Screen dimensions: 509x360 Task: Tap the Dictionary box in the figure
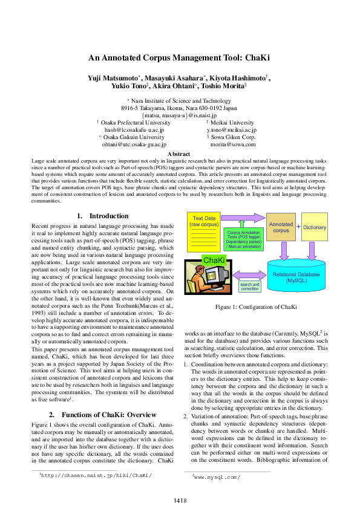(315, 227)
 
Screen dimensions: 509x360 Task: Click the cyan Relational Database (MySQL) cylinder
(297, 277)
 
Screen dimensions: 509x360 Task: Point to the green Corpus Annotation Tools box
(243, 239)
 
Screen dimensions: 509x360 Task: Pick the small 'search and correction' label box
(249, 287)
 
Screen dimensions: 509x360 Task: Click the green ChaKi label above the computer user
(214, 259)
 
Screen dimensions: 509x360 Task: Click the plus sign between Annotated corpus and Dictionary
(298, 227)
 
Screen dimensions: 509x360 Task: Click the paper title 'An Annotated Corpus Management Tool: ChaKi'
(179, 58)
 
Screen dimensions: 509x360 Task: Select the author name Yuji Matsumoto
(113, 79)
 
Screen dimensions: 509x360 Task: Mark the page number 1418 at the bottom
(180, 500)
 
